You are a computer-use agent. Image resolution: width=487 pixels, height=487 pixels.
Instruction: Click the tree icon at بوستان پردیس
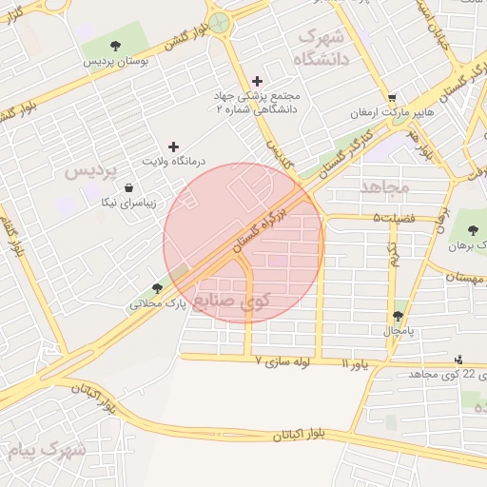(x=115, y=46)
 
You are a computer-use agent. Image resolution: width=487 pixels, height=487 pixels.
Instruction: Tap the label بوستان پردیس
(x=115, y=62)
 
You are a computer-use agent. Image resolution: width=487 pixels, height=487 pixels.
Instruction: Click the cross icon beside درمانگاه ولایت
(x=173, y=146)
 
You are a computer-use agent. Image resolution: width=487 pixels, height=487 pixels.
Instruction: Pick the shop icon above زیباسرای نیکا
(x=128, y=187)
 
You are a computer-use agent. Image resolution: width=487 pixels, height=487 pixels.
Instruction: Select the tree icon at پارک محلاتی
(x=157, y=287)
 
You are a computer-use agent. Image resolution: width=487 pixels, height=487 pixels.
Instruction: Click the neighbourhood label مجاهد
(x=384, y=186)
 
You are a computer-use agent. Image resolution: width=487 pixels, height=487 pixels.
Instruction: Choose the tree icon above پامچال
(x=398, y=316)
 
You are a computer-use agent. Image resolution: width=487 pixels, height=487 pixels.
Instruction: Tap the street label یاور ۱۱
(x=353, y=363)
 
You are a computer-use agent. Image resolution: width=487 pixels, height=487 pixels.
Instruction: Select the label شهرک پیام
(x=46, y=448)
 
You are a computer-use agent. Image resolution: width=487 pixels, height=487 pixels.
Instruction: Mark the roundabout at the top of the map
(x=221, y=22)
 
